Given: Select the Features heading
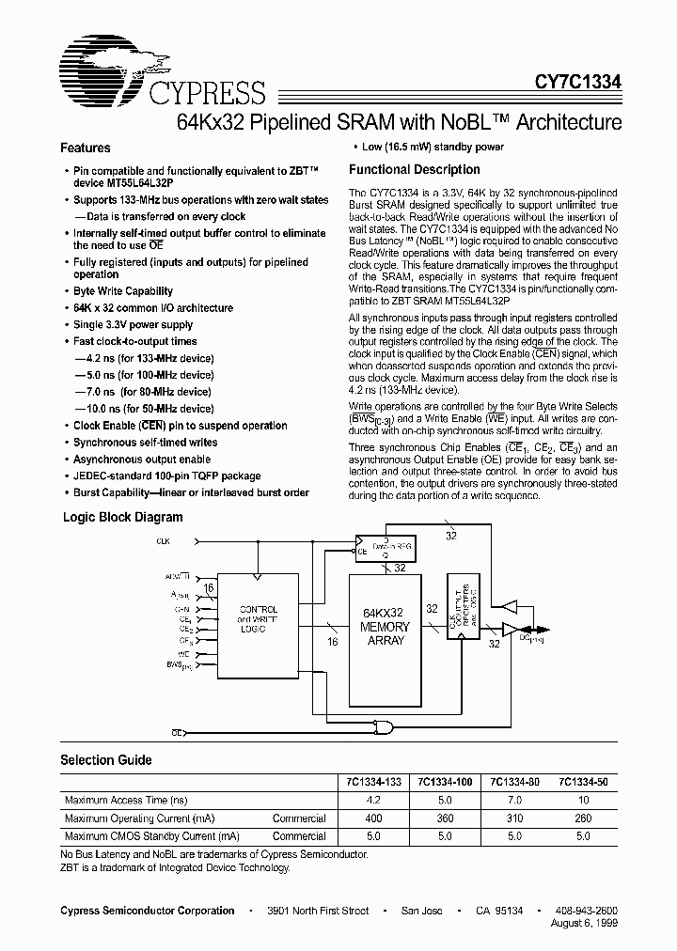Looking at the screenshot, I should (x=86, y=148).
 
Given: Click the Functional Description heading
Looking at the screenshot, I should (x=415, y=170).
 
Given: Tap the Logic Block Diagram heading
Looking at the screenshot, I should (x=123, y=517).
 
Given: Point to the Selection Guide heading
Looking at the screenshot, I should (x=106, y=760).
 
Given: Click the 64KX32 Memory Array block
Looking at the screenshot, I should (x=386, y=627).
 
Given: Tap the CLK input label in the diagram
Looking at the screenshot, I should (x=165, y=542).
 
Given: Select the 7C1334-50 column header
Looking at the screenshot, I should (x=583, y=782).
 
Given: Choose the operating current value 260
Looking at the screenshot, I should (x=583, y=818).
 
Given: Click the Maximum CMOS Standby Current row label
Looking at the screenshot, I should (x=151, y=836).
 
